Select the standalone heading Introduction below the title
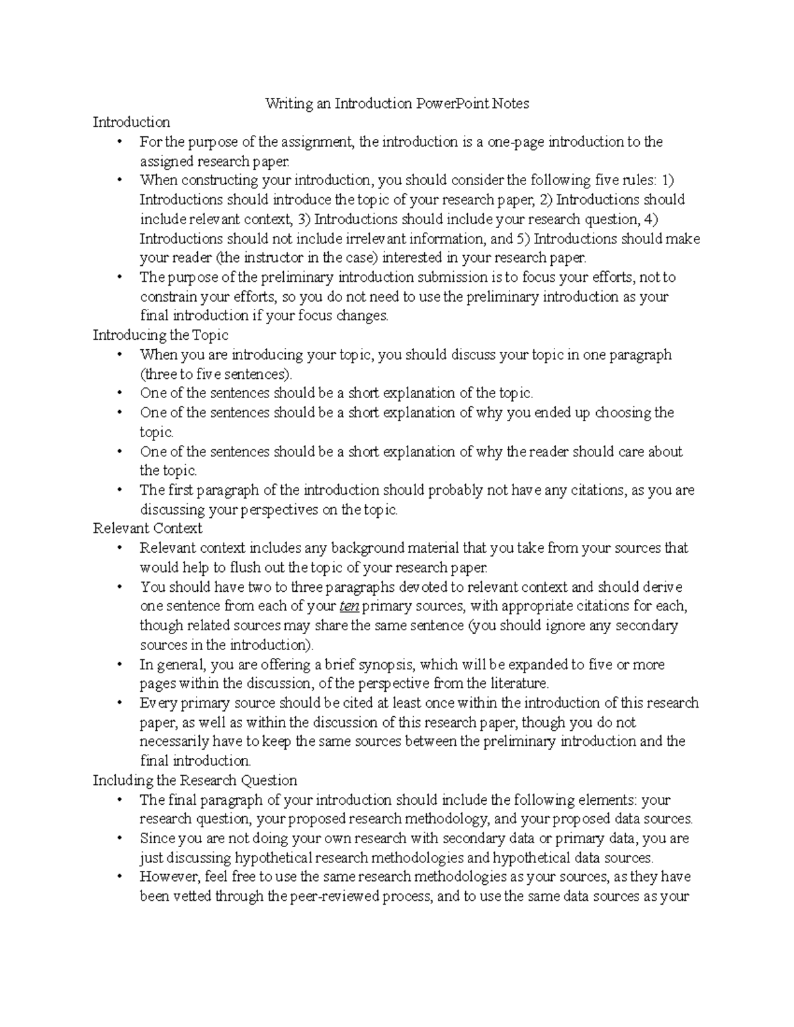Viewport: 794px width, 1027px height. pos(131,122)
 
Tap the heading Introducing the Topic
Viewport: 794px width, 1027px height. pos(160,335)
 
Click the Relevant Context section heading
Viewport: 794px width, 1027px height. pos(147,528)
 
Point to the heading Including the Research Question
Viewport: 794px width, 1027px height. pos(195,780)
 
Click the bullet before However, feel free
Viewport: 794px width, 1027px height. pos(119,878)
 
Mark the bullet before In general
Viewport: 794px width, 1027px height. pos(119,664)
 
